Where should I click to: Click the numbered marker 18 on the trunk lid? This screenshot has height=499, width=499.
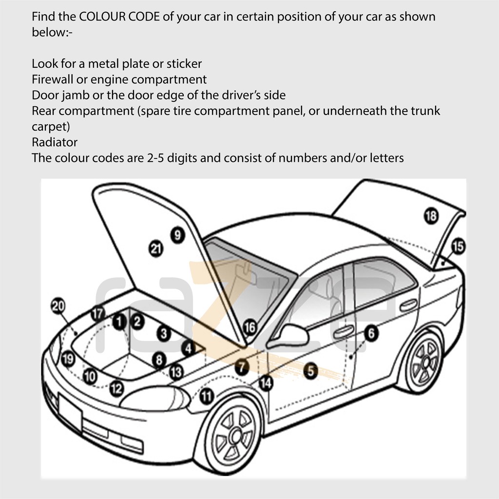click(x=431, y=215)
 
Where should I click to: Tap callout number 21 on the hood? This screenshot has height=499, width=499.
click(x=155, y=249)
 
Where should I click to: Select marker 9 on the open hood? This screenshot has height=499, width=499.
click(x=177, y=235)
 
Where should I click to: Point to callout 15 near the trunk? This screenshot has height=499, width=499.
click(x=458, y=247)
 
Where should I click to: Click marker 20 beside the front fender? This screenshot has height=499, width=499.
click(x=58, y=306)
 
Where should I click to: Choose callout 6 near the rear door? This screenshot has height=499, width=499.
click(x=371, y=333)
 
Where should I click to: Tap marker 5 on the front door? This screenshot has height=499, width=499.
click(x=310, y=371)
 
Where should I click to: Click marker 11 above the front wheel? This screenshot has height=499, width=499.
click(x=207, y=397)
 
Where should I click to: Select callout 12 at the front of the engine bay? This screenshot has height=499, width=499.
click(x=116, y=388)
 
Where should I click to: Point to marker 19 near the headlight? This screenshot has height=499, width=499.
click(x=68, y=360)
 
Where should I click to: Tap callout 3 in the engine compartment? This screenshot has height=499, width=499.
click(x=164, y=334)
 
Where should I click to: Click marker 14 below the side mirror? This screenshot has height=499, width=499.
click(x=266, y=383)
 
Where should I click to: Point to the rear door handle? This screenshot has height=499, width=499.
click(x=408, y=305)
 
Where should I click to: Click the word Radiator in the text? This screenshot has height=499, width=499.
click(x=55, y=142)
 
